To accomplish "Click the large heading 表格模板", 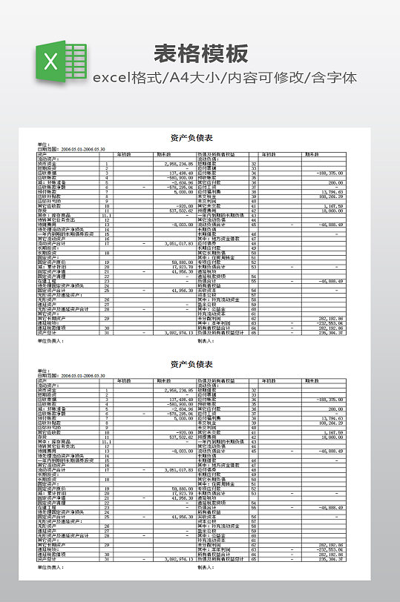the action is click(x=200, y=54).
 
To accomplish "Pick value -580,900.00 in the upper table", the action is click(x=180, y=177).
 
